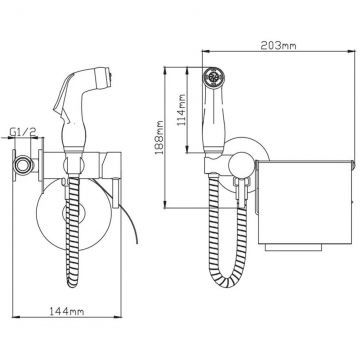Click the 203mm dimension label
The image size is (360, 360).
[278, 45]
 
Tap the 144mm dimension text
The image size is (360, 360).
[67, 311]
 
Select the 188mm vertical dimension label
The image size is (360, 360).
[160, 137]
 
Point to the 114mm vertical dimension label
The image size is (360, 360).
[182, 110]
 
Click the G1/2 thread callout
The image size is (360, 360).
[22, 132]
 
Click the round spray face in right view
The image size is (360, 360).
[214, 77]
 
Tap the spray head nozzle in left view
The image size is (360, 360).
[105, 77]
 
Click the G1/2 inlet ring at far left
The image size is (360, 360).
[23, 165]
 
